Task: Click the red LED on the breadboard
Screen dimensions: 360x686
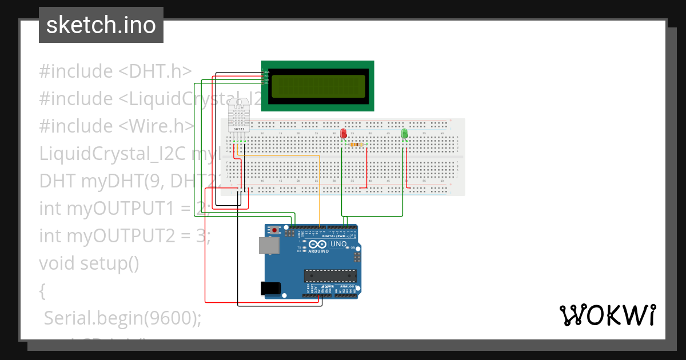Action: point(344,134)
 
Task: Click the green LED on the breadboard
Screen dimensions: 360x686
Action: point(405,134)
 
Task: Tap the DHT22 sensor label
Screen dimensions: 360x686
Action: point(240,130)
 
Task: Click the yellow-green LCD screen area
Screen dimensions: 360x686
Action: point(318,86)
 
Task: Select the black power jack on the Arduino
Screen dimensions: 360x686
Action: point(271,289)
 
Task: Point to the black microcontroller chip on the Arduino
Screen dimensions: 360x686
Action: point(330,276)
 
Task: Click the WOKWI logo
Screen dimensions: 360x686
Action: point(607,315)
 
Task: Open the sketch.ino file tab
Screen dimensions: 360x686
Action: point(101,25)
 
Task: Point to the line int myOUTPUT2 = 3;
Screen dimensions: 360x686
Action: point(125,235)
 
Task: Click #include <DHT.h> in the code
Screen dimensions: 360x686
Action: point(115,71)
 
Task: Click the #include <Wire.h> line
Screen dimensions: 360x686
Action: point(117,126)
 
